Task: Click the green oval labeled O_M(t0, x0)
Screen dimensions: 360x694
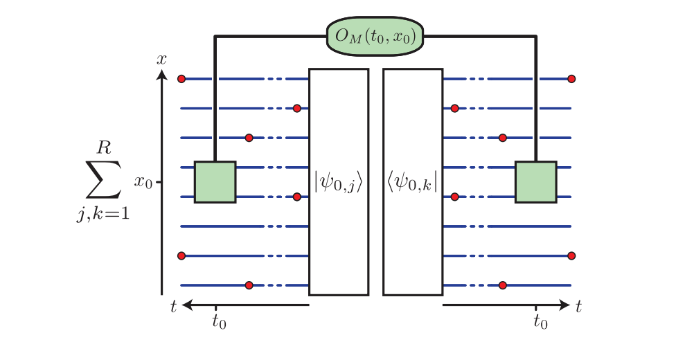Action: pos(375,35)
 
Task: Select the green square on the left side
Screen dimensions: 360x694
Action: pos(215,182)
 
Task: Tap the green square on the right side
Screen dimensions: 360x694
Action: pos(535,182)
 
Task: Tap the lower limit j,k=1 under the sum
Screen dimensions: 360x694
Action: pos(103,215)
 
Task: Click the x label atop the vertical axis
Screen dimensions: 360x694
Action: pos(161,60)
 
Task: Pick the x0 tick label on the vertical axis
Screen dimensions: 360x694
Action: pos(143,182)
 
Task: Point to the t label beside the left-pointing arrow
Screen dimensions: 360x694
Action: pos(174,305)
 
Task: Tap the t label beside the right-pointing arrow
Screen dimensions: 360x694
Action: pos(578,305)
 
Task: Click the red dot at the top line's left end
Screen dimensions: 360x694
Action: pos(181,79)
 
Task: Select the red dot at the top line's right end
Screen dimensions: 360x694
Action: pos(571,79)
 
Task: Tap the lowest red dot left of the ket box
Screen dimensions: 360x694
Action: pos(249,285)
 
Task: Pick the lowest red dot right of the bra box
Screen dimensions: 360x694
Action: pos(503,285)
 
